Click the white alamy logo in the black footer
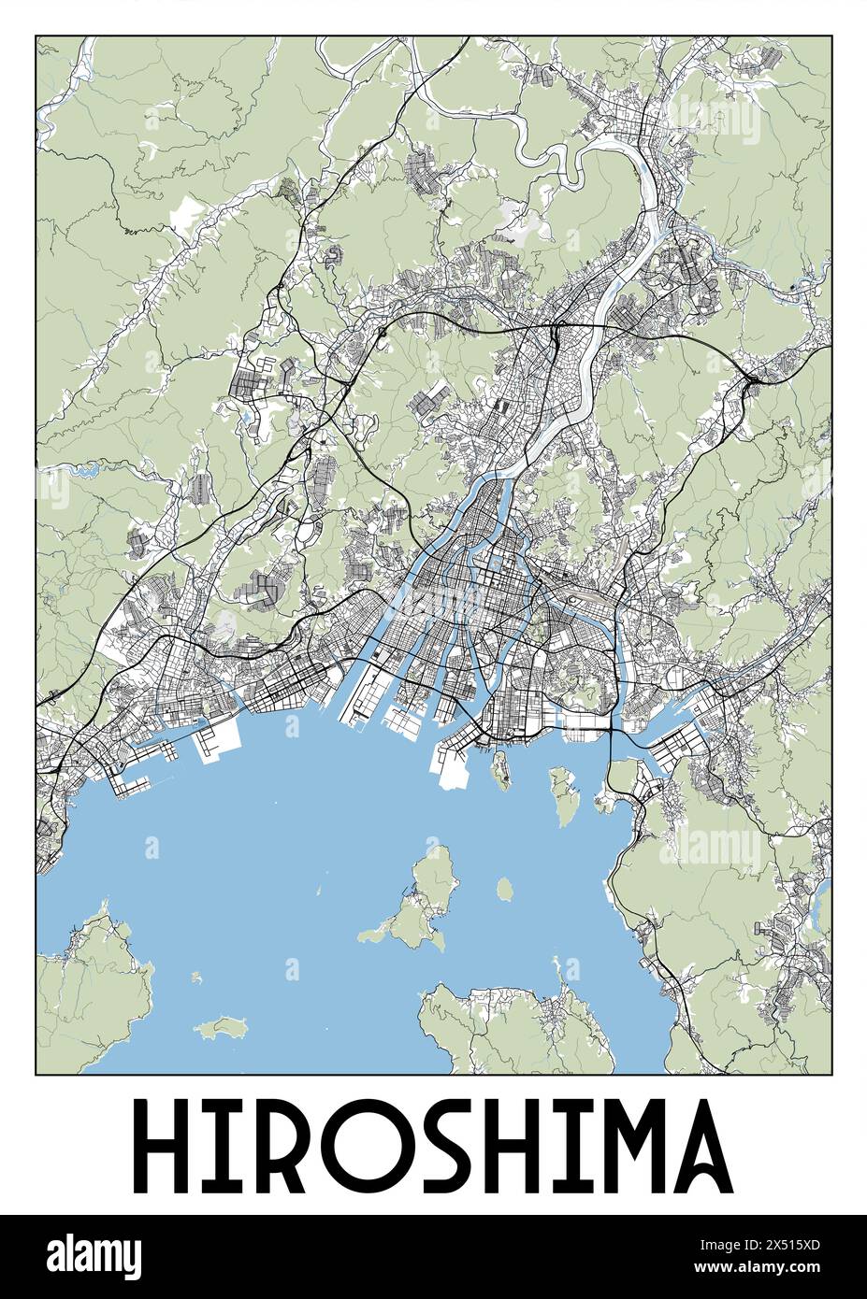coord(94,1254)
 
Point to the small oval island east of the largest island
coord(505,888)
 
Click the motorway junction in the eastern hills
coord(751,378)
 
